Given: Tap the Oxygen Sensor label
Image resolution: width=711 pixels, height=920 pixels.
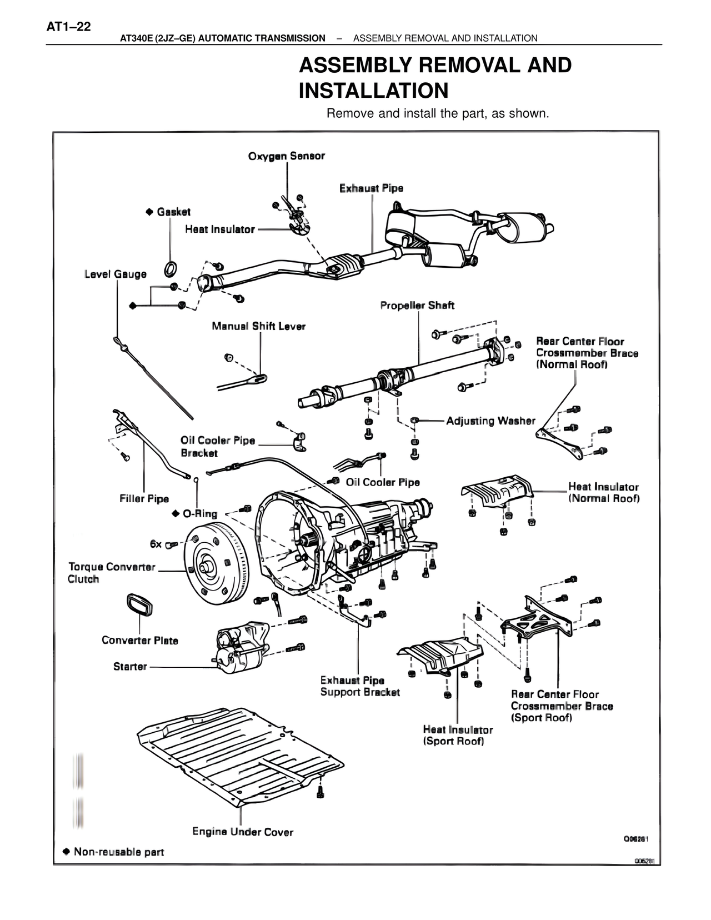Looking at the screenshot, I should [x=286, y=156].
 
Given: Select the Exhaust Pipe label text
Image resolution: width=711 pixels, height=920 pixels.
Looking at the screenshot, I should [x=371, y=188].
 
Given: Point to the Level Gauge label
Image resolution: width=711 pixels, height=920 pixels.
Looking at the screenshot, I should [x=116, y=274].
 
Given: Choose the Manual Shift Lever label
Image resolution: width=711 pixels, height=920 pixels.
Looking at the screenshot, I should [x=258, y=326].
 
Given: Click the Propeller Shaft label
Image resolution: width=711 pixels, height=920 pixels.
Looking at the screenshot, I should [x=417, y=306].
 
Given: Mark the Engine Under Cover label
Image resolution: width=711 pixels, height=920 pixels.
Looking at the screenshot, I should [x=243, y=832].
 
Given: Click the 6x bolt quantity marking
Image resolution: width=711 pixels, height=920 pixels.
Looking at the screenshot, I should [x=156, y=544].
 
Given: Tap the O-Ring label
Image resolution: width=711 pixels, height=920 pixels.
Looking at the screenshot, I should [x=200, y=514].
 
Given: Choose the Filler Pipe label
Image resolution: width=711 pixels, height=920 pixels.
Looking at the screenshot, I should [x=144, y=499].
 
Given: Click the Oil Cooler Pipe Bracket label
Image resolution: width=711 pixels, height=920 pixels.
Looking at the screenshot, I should [x=217, y=447].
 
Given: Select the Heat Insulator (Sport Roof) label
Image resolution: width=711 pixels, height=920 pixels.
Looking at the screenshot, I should [x=458, y=736].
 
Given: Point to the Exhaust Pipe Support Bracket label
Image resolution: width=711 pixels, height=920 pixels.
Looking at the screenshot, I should [x=360, y=686].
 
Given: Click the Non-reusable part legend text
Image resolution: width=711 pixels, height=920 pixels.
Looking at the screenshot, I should [x=118, y=852].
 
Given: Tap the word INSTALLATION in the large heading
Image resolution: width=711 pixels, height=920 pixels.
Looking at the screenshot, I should [x=373, y=91].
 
